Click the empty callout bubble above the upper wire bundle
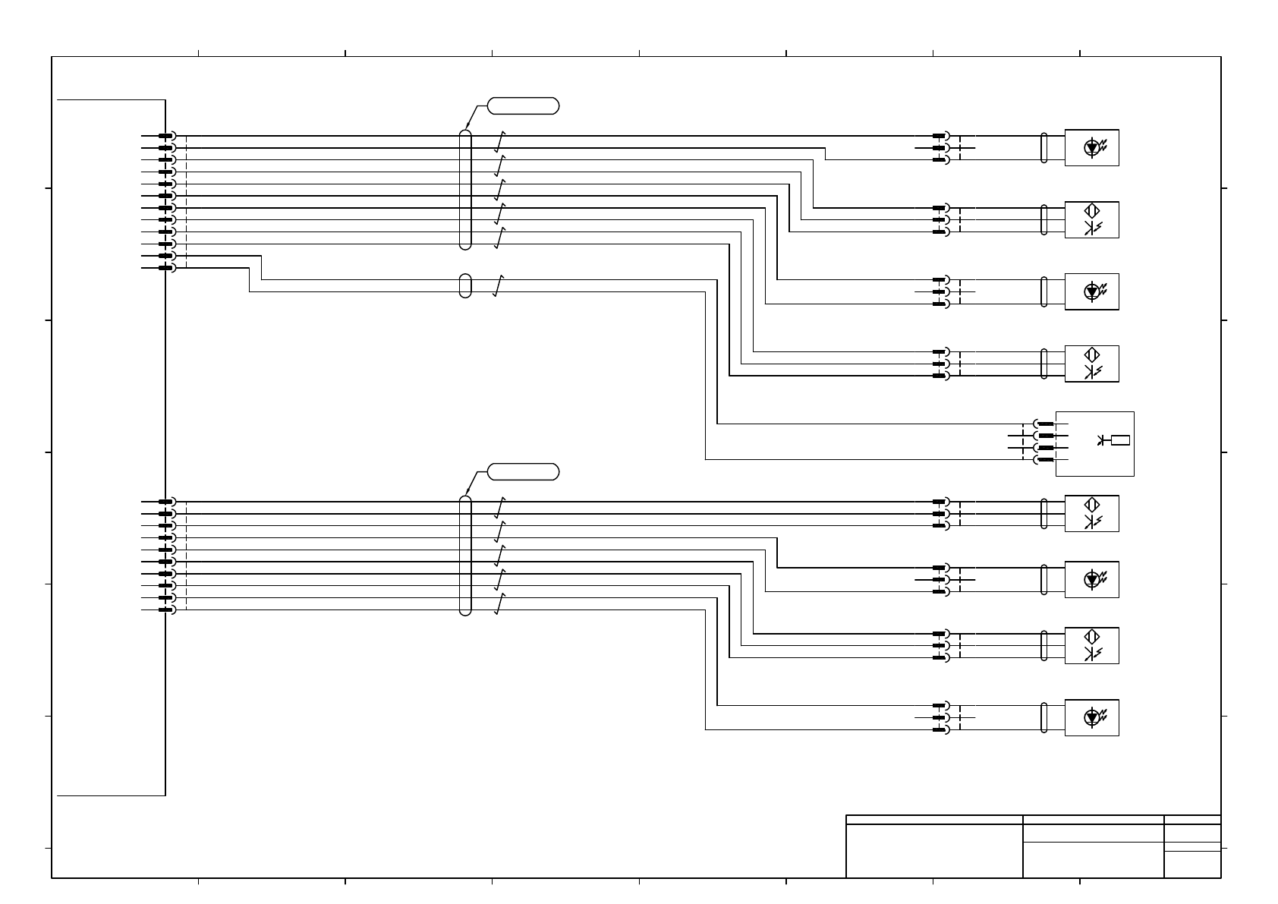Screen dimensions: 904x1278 coord(523,106)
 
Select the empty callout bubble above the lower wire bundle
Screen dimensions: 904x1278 coord(523,472)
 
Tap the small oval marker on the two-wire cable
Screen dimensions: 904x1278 coord(465,286)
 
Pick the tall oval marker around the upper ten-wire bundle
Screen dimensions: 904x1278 coord(465,189)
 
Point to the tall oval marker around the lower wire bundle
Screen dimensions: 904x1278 coord(465,556)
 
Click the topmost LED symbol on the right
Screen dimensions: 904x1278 coord(1092,147)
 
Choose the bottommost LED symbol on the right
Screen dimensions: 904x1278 coord(1092,717)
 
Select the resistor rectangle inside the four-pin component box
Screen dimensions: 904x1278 coord(1120,440)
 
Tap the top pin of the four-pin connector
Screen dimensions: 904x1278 coord(1045,424)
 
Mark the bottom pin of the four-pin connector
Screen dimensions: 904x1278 coord(1045,459)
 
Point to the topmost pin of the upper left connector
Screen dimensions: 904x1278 coord(165,136)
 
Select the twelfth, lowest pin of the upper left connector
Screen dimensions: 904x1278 coord(165,268)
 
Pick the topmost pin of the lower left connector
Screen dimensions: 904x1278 coord(165,502)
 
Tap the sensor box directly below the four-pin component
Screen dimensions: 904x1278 coord(1091,514)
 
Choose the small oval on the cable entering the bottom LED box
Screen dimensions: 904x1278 coord(1044,717)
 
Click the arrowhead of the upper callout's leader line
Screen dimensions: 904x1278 coord(466,128)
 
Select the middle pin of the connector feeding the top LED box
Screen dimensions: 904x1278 coord(940,148)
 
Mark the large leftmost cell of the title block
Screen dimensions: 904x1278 coord(934,851)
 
